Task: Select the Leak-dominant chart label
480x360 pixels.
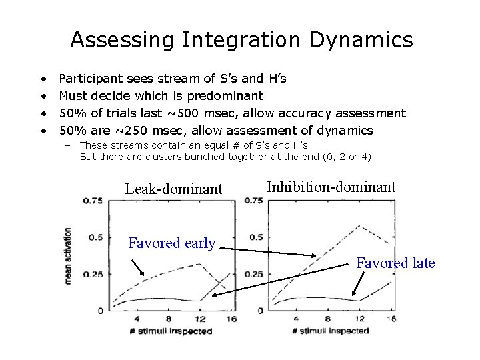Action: point(173,189)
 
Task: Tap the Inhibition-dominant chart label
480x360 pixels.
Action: point(331,187)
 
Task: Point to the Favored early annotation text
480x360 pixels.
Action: point(171,243)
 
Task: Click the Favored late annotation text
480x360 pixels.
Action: point(395,263)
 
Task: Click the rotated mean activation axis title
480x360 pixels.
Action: point(68,256)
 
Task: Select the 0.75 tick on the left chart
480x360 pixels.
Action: point(93,201)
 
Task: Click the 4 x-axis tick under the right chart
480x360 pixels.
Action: point(295,319)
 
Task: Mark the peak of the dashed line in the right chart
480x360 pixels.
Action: point(359,227)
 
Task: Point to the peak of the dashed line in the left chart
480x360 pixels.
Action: point(198,264)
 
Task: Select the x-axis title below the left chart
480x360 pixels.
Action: point(171,331)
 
